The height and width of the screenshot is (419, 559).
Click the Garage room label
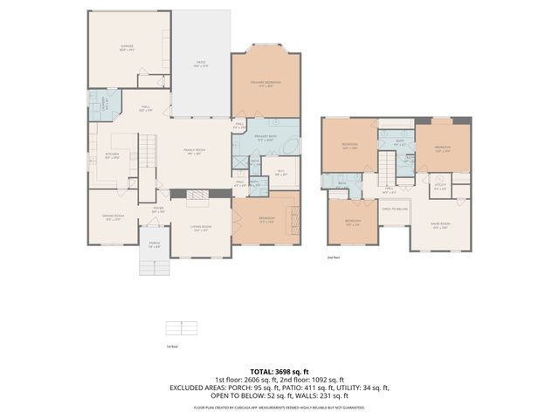(128, 48)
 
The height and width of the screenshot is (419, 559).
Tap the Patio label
(200, 64)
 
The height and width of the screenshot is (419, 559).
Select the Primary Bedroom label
(266, 84)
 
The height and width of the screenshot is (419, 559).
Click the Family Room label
(193, 151)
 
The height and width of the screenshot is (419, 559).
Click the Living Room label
(201, 228)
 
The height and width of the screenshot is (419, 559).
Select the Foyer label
(158, 210)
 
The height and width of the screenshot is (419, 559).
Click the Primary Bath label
(266, 138)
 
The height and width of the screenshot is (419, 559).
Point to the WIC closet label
(281, 171)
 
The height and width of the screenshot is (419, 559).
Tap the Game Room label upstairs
(439, 224)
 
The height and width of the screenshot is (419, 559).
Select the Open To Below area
(395, 209)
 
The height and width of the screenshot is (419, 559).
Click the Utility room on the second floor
(440, 186)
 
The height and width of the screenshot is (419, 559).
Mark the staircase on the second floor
(386, 165)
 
